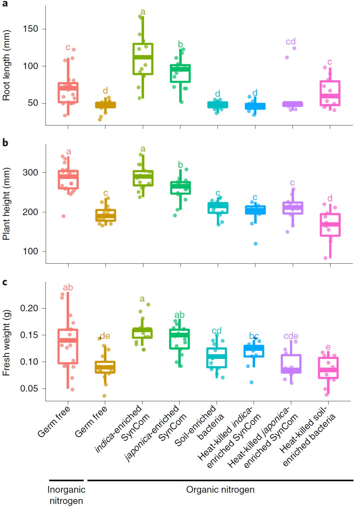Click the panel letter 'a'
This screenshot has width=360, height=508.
5,4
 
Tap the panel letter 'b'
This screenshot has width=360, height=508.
5,142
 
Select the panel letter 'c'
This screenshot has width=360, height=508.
5,282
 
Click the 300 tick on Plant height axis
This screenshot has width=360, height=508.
30,172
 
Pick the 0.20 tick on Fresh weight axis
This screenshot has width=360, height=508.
29,308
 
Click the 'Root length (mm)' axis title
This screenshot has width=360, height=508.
6,65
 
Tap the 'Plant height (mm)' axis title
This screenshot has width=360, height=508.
6,203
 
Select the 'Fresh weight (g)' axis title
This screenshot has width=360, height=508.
6,343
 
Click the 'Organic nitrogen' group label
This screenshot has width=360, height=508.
220,490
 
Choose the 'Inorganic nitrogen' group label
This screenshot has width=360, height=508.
66,495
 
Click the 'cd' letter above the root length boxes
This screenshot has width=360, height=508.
291,41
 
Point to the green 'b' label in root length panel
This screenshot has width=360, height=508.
180,44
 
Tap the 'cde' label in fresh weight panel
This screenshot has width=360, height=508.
291,336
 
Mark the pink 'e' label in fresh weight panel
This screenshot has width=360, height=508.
328,347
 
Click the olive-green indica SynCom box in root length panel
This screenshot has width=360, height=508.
143,59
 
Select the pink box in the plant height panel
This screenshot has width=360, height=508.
330,225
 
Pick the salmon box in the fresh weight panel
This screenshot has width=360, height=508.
68,346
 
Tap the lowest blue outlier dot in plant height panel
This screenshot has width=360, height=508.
255,244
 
